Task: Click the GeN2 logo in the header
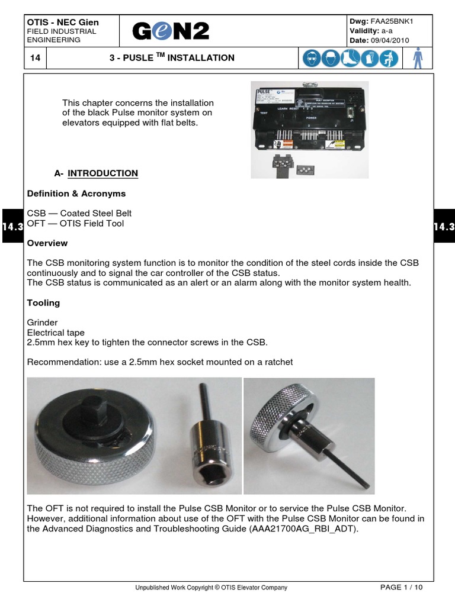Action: [171, 31]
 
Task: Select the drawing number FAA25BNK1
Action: [392, 21]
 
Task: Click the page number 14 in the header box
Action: [34, 58]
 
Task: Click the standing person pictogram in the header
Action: [418, 58]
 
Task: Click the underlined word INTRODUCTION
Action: [102, 173]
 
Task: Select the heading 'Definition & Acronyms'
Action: [76, 194]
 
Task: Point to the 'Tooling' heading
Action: [43, 303]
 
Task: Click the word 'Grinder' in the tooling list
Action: [43, 323]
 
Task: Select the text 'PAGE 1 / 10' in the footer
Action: [401, 588]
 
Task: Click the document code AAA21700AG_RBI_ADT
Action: [305, 529]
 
